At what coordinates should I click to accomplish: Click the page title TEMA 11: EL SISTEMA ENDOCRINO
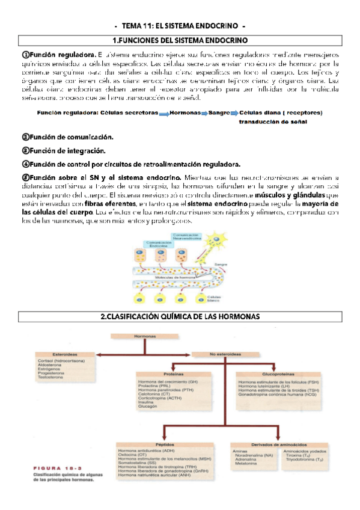tap(180, 27)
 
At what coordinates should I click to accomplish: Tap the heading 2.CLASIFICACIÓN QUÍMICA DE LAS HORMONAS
tap(180, 316)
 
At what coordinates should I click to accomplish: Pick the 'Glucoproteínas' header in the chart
tap(278, 374)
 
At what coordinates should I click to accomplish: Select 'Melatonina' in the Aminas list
tap(251, 464)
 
